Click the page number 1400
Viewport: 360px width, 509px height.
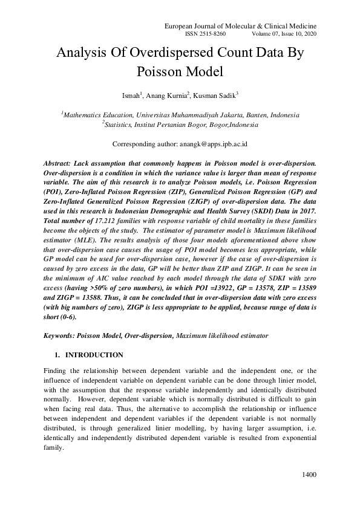click(x=309, y=475)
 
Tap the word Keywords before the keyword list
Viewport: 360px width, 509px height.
click(x=61, y=335)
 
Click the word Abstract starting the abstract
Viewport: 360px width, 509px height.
click(x=61, y=164)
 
